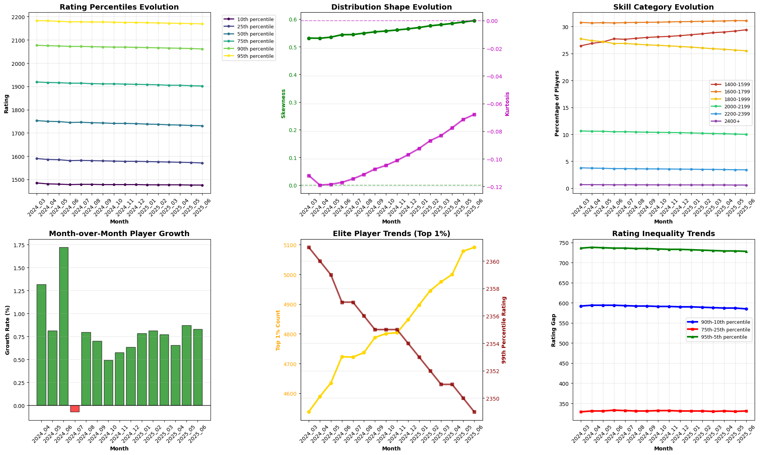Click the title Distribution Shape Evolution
[x=391, y=7]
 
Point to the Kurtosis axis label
[x=507, y=104]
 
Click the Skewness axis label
[x=284, y=104]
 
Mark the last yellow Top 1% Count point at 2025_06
[x=474, y=247]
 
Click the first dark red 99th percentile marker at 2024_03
[x=309, y=247]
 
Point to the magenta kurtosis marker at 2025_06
[x=474, y=114]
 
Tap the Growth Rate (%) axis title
[x=7, y=330]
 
